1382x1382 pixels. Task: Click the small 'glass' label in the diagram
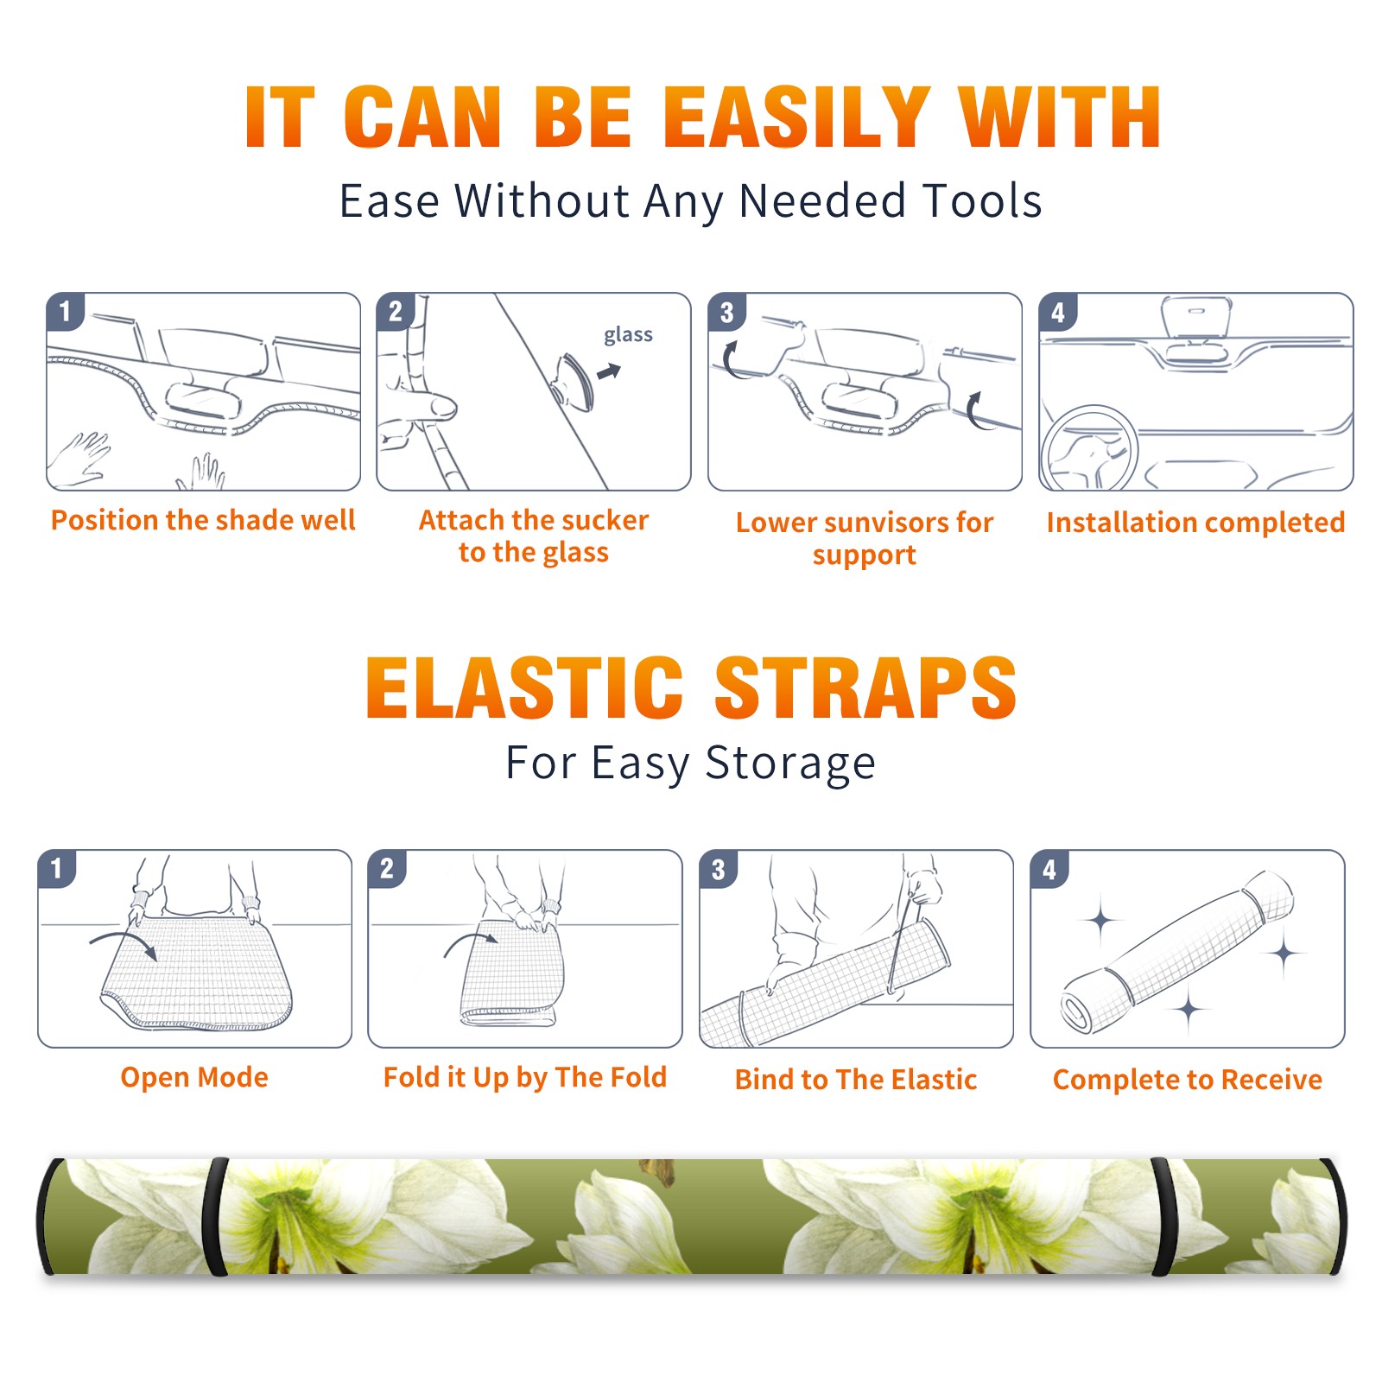(628, 335)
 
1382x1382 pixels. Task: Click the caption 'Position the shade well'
(203, 520)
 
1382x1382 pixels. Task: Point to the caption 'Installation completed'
(1195, 523)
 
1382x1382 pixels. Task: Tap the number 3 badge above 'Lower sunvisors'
(726, 313)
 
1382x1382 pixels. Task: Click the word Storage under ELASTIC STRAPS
(790, 764)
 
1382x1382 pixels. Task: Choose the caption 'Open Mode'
(194, 1077)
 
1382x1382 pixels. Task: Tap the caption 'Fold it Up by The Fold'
(525, 1077)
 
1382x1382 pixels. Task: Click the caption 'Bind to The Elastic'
(856, 1080)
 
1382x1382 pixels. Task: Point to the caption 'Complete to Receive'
(1188, 1080)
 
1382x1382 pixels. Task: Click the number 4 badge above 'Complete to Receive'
(1049, 869)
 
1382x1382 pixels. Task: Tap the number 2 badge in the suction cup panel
(395, 312)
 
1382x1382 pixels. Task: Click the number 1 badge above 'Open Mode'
(57, 869)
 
